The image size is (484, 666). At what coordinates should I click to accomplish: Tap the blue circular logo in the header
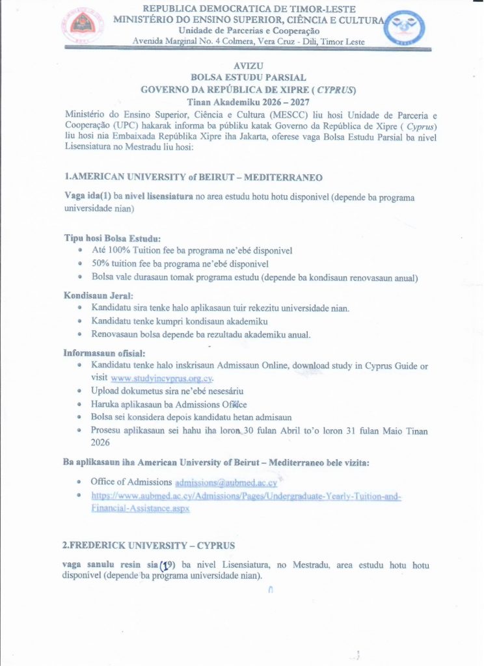404,29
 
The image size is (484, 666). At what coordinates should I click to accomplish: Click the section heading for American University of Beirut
193,177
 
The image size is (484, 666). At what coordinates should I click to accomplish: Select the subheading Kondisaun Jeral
98,295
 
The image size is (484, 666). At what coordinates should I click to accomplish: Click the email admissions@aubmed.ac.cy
226,483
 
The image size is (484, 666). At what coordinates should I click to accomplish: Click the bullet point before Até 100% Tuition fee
79,250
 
